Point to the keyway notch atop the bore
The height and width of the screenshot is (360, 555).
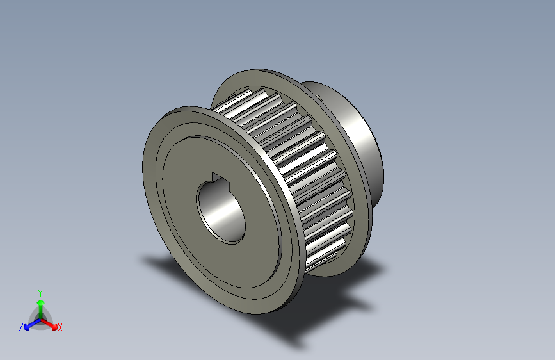tap(217, 177)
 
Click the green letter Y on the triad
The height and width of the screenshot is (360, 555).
tap(40, 291)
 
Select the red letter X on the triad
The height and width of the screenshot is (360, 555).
tap(60, 328)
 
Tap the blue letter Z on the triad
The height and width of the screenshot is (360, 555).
tap(21, 327)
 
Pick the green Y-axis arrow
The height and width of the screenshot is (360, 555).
tap(40, 306)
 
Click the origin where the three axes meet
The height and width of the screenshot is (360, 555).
tap(40, 318)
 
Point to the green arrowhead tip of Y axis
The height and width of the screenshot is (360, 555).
tap(40, 298)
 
